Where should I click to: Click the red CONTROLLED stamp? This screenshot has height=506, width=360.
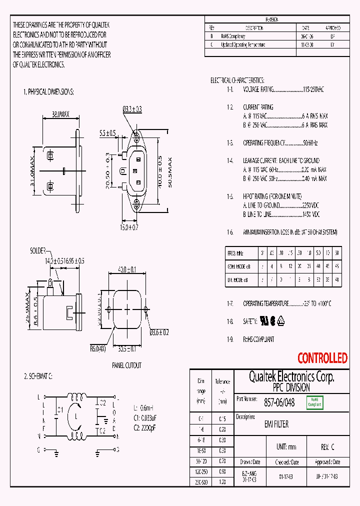tap(322, 358)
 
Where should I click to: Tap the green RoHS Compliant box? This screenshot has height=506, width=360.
tap(314, 402)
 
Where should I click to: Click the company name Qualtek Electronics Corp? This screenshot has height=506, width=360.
tap(291, 376)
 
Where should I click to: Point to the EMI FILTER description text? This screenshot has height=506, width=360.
tap(276, 424)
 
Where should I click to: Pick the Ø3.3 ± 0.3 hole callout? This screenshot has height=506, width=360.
tap(132, 109)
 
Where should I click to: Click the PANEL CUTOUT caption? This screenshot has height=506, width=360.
tap(126, 365)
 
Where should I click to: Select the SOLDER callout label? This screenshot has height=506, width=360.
tap(38, 250)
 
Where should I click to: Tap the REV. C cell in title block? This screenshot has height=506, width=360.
tap(327, 446)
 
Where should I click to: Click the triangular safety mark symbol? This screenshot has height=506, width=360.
tap(281, 320)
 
